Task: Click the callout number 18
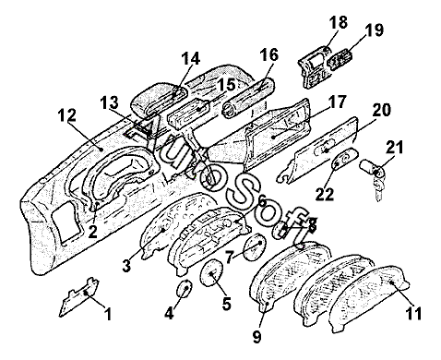(x=339, y=22)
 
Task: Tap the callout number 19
(x=375, y=30)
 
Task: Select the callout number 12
(x=67, y=115)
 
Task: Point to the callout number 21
(x=394, y=148)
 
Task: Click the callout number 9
(x=256, y=336)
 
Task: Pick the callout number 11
(x=413, y=314)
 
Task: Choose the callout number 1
(x=107, y=314)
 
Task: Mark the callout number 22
(x=325, y=194)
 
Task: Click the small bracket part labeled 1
(x=79, y=298)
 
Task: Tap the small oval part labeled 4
(x=185, y=289)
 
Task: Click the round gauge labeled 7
(x=255, y=246)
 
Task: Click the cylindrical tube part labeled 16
(x=248, y=98)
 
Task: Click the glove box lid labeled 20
(x=317, y=150)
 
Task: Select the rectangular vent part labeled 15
(x=189, y=114)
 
